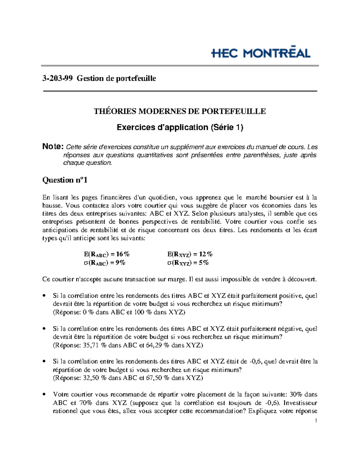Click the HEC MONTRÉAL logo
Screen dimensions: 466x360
pyautogui.click(x=261, y=53)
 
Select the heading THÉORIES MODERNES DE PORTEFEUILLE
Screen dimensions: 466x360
pyautogui.click(x=180, y=111)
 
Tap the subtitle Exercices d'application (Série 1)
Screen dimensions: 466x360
pyautogui.click(x=180, y=128)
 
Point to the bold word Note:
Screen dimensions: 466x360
pyautogui.click(x=53, y=147)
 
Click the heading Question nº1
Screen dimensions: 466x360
pyautogui.click(x=65, y=180)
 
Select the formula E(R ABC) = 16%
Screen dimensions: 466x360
pyautogui.click(x=107, y=254)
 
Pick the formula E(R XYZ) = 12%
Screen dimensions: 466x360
pyautogui.click(x=190, y=254)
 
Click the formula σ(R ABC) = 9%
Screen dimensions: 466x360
pyautogui.click(x=104, y=263)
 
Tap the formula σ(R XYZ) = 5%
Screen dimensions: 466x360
pyautogui.click(x=188, y=263)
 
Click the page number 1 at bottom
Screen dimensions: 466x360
pyautogui.click(x=316, y=421)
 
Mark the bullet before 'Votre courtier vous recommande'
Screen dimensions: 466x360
pyautogui.click(x=44, y=394)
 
